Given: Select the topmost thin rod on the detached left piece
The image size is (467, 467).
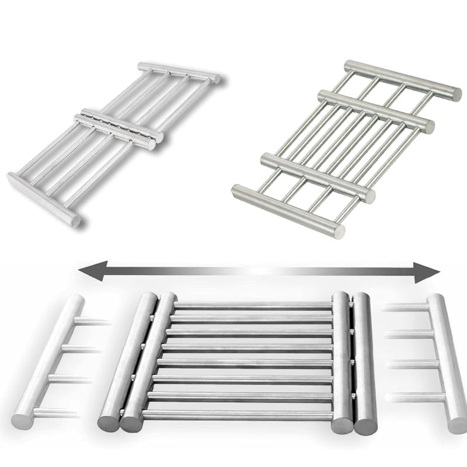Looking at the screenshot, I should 93,322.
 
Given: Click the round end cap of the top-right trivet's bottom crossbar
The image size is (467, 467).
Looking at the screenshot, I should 338,230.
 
